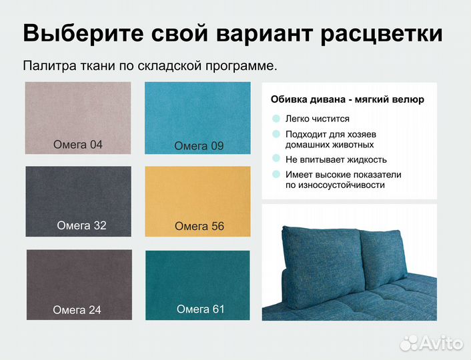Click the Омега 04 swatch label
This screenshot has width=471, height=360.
pyautogui.click(x=77, y=143)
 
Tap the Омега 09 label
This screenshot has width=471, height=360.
pyautogui.click(x=199, y=146)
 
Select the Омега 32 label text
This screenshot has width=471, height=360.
pyautogui.click(x=81, y=225)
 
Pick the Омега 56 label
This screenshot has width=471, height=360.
pyautogui.click(x=199, y=227)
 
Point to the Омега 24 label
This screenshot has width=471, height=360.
pyautogui.click(x=77, y=309)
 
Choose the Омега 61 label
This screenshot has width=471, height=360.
pyautogui.click(x=200, y=309)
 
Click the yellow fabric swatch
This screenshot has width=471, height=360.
pyautogui.click(x=197, y=193)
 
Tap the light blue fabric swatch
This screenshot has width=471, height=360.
pyautogui.click(x=197, y=110)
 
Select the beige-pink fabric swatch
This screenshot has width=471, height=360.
pyautogui.click(x=77, y=110)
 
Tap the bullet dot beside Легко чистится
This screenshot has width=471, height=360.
pyautogui.click(x=276, y=119)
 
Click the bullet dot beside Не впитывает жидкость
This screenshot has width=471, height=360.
pyautogui.click(x=276, y=159)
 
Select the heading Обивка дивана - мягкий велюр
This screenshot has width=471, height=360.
pyautogui.click(x=347, y=100)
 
